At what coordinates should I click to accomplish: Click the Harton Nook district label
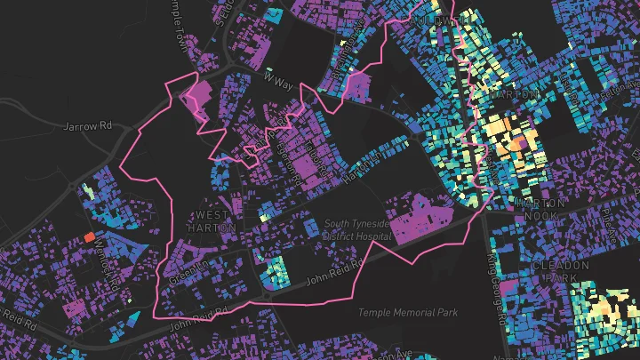(540, 210)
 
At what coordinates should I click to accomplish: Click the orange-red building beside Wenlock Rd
(89, 236)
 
